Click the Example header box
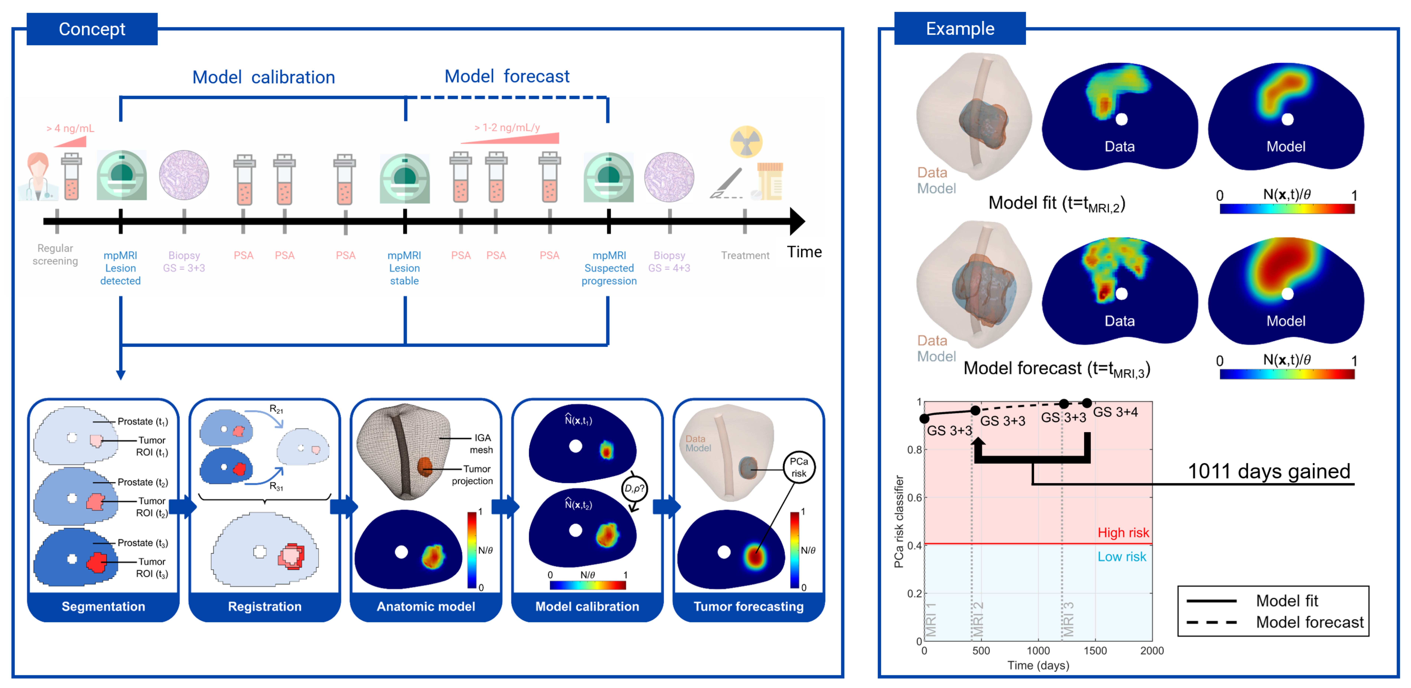(960, 29)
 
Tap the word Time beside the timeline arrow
(804, 252)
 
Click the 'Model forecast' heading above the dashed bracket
(507, 76)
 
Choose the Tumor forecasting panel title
(748, 606)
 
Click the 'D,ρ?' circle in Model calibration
(634, 488)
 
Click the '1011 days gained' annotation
(1269, 471)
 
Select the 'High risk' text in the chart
(1123, 532)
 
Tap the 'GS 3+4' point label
(1115, 412)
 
